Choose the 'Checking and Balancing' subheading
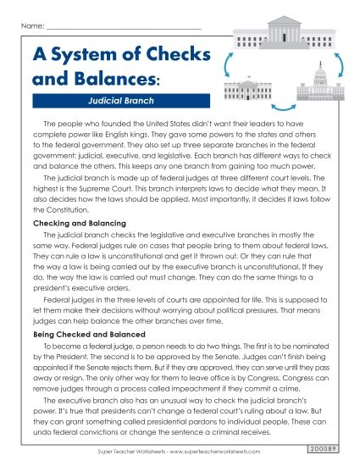point(71,222)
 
